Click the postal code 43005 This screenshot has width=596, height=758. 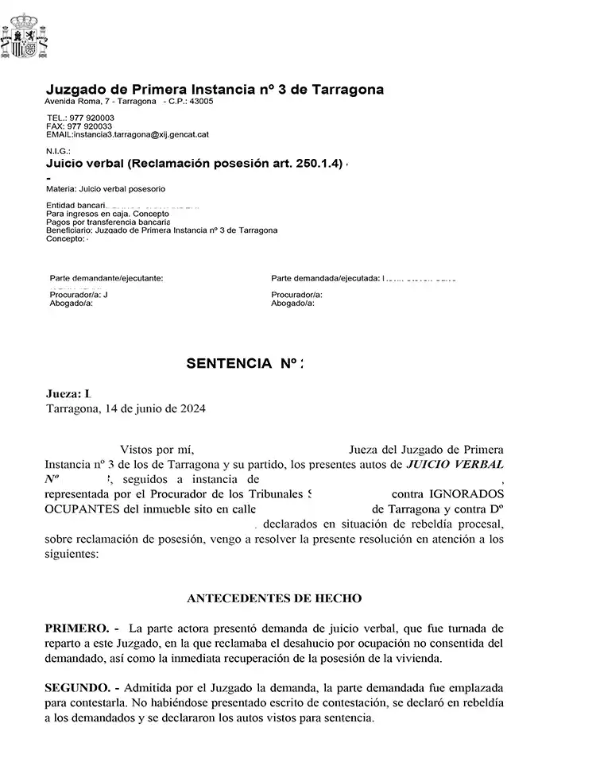coord(200,102)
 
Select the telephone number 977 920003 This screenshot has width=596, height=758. coord(92,118)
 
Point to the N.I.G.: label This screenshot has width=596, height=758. coord(59,150)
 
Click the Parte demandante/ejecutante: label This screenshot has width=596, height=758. coord(106,278)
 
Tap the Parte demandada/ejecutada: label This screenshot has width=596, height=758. coord(324,278)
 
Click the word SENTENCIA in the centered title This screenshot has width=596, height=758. coord(229,364)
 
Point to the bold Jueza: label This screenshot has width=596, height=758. coord(64,394)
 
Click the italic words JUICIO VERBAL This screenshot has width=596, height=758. coord(455,463)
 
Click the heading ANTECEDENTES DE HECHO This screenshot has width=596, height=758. coord(273,598)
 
